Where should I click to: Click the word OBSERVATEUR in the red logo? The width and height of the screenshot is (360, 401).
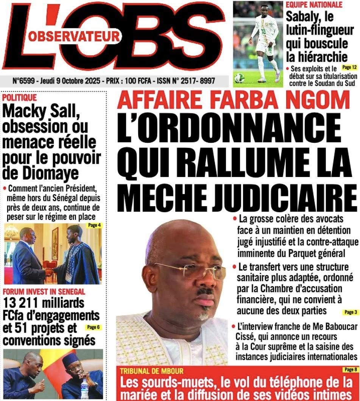coord(74,36)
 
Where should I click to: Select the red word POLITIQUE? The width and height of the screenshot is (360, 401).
coord(19,98)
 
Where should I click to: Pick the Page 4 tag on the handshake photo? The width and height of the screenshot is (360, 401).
coord(93,226)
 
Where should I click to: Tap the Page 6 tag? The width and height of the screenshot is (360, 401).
coord(94,327)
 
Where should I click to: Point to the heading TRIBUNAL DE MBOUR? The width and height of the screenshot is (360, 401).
coord(151,371)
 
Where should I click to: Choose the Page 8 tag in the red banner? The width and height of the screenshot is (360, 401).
coord(349,369)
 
